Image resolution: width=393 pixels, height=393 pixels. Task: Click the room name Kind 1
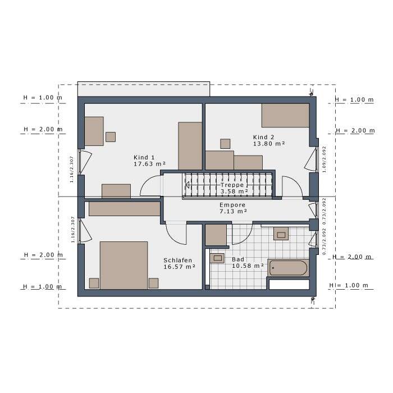click(144, 157)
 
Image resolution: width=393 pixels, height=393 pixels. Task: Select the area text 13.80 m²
click(269, 144)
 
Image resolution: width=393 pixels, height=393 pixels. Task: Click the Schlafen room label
click(178, 261)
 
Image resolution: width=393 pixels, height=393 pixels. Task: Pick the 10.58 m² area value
click(248, 266)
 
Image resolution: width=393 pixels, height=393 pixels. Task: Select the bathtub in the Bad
click(288, 268)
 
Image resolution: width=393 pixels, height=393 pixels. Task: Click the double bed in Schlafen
click(124, 265)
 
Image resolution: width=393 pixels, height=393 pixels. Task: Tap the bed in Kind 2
click(285, 115)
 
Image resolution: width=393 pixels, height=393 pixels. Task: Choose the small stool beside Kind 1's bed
click(111, 136)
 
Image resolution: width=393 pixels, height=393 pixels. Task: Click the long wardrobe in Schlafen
click(125, 208)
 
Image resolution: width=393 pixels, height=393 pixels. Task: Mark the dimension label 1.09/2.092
click(324, 159)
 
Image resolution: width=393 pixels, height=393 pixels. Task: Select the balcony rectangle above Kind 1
click(143, 89)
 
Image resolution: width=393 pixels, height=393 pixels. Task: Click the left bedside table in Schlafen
click(94, 283)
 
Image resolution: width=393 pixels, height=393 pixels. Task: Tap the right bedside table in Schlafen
click(153, 283)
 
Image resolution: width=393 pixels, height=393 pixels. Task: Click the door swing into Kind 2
click(292, 186)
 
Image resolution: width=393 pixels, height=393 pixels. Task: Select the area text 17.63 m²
click(149, 164)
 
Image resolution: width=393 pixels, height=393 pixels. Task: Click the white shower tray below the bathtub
click(289, 284)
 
